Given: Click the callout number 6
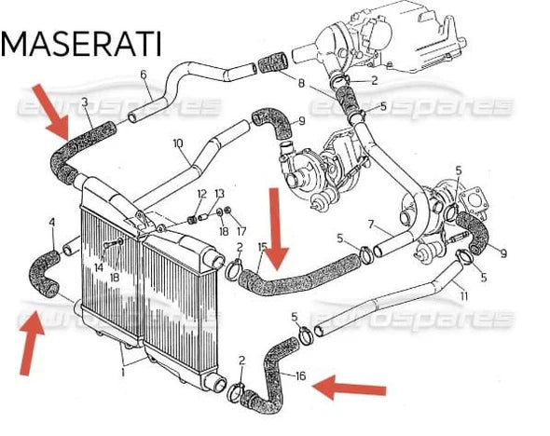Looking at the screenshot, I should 143,75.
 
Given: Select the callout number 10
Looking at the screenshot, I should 177,143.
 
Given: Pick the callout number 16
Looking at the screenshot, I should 300,376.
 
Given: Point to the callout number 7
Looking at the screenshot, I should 371,224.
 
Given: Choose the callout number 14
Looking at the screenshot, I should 98,267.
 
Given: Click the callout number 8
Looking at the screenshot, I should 301,84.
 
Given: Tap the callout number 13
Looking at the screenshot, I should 220,194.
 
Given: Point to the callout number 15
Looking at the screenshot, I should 263,247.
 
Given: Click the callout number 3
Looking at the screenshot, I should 85,102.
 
